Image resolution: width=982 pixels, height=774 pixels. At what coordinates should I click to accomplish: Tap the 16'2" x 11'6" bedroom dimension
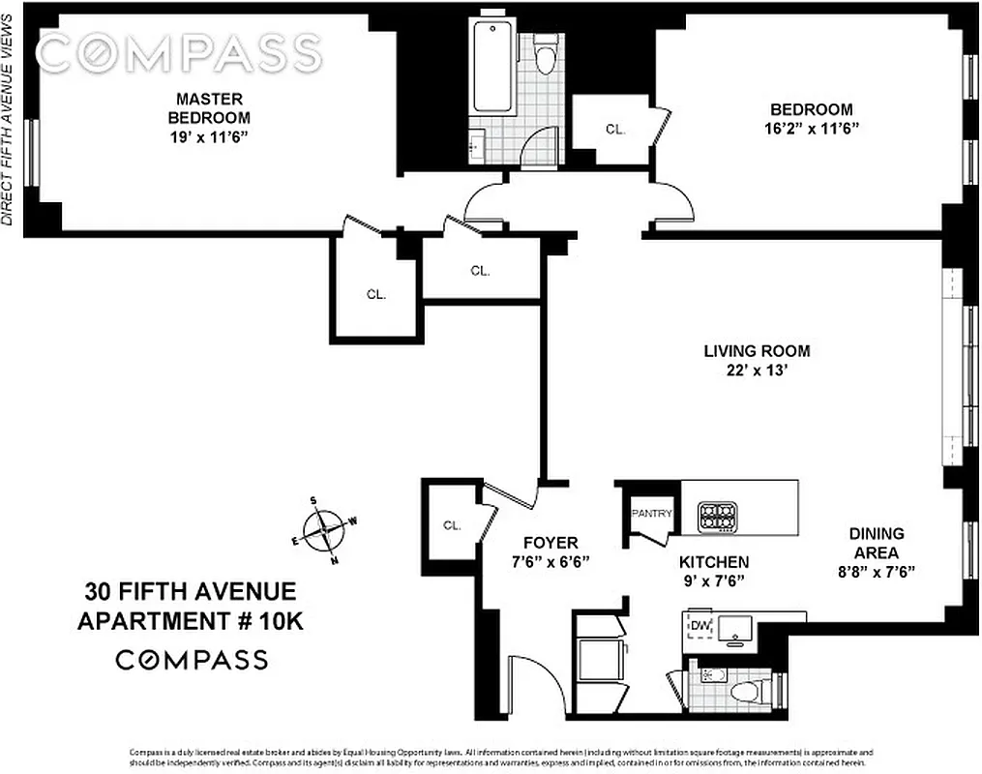(x=811, y=128)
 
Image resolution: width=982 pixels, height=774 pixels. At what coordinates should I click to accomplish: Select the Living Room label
(x=756, y=351)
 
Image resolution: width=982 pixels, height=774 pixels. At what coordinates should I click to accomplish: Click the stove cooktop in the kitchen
(x=718, y=516)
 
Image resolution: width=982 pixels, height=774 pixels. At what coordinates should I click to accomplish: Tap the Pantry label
(x=651, y=514)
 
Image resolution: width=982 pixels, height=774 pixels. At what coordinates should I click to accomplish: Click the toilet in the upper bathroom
(x=547, y=55)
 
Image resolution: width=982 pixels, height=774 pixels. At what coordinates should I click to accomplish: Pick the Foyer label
(x=551, y=543)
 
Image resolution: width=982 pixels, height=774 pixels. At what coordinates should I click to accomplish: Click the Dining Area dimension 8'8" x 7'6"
(x=876, y=571)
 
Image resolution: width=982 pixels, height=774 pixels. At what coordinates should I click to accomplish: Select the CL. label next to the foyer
(x=452, y=525)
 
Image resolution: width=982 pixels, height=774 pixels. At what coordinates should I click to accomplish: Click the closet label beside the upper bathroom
(x=614, y=128)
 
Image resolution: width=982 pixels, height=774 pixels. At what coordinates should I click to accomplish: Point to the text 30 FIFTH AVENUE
(x=190, y=591)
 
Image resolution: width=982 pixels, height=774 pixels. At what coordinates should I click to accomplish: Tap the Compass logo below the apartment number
(x=192, y=660)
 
